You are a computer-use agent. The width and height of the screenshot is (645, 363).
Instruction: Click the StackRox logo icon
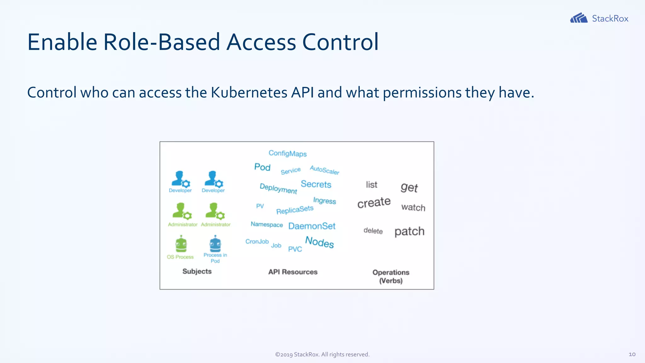[x=579, y=18]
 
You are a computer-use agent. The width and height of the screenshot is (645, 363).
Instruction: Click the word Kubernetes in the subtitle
[x=249, y=93]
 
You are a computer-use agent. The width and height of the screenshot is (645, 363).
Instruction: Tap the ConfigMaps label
[x=288, y=153]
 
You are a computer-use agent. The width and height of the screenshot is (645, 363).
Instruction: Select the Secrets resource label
[x=316, y=184]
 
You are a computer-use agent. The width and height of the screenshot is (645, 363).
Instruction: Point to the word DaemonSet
[x=312, y=226]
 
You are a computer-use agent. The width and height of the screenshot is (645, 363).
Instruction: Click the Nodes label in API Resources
[x=319, y=242]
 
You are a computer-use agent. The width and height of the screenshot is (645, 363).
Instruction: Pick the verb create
[x=374, y=202]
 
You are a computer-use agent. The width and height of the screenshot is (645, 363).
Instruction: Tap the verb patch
[x=409, y=231]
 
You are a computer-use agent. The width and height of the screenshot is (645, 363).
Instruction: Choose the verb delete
[x=373, y=231]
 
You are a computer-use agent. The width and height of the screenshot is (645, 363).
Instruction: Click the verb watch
[x=413, y=207]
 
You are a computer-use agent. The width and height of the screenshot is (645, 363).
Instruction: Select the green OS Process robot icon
[x=181, y=244]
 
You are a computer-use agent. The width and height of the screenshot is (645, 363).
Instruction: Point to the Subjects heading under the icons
[x=197, y=271]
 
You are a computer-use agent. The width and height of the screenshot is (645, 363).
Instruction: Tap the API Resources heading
[x=293, y=272]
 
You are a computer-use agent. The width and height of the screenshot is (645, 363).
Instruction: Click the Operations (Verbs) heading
[x=391, y=276]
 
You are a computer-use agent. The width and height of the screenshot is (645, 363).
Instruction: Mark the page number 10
[x=632, y=354]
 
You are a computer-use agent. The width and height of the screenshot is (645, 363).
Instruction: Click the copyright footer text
[x=322, y=354]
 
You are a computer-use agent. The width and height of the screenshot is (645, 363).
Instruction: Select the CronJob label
[x=257, y=241]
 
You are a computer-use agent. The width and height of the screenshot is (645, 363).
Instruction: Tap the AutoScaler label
[x=324, y=170]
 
